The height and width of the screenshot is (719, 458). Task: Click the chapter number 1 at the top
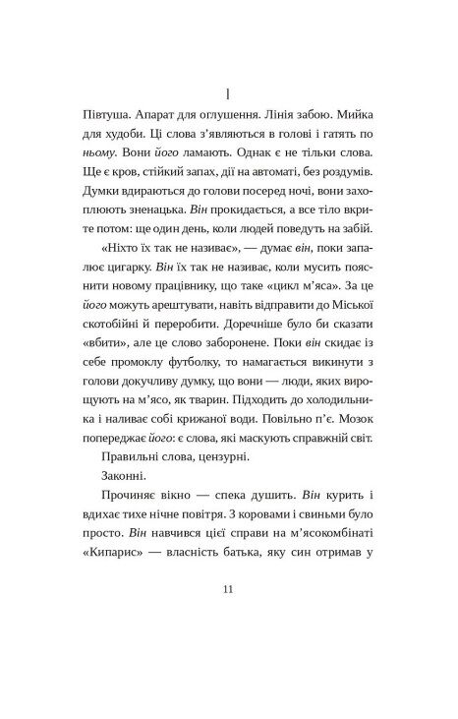[x=228, y=93]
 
